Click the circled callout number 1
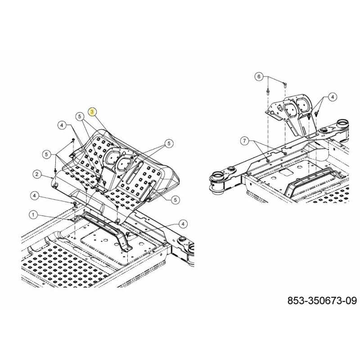[33, 215]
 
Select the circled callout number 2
[37, 174]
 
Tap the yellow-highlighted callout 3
[92, 112]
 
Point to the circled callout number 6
[259, 76]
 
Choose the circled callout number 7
[245, 141]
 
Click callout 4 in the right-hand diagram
[333, 97]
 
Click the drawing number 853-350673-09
[322, 301]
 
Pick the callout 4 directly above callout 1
[35, 196]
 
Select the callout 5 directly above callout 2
[47, 154]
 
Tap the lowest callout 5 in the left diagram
[175, 200]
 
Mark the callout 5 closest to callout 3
[80, 117]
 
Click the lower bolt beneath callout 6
[268, 92]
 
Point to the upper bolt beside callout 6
[285, 85]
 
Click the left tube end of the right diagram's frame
[217, 181]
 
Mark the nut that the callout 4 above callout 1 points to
[75, 203]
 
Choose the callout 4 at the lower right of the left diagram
[183, 224]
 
